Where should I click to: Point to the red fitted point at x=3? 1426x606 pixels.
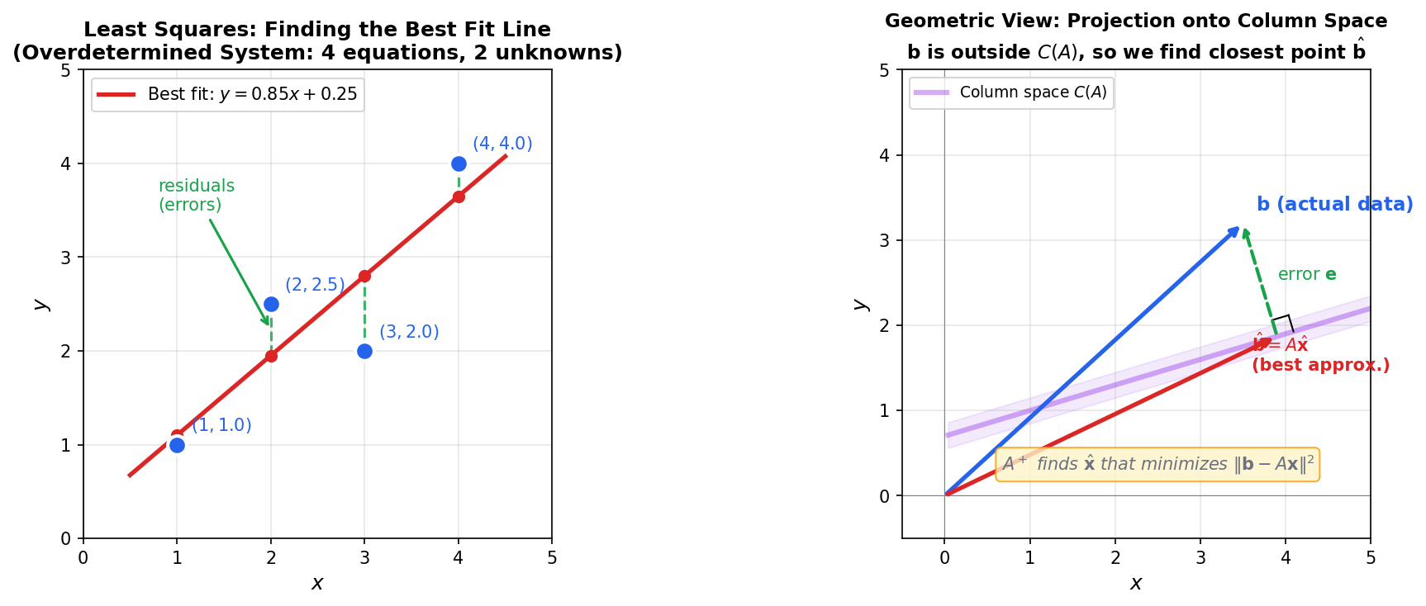pyautogui.click(x=364, y=276)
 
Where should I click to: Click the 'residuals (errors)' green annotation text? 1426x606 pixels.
pyautogui.click(x=196, y=196)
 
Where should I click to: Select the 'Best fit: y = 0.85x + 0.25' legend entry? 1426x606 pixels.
pyautogui.click(x=227, y=95)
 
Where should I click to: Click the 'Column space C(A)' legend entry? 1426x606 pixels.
pyautogui.click(x=1011, y=92)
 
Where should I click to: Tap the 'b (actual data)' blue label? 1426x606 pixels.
pyautogui.click(x=1333, y=204)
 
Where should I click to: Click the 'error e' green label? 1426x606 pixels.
pyautogui.click(x=1306, y=275)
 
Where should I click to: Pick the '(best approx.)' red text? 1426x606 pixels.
pyautogui.click(x=1319, y=365)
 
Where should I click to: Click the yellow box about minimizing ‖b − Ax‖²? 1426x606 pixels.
pyautogui.click(x=1157, y=465)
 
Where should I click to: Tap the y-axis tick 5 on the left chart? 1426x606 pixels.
pyautogui.click(x=66, y=70)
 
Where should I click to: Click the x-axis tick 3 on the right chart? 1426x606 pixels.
pyautogui.click(x=1200, y=558)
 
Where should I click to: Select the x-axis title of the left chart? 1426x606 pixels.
pyautogui.click(x=317, y=584)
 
